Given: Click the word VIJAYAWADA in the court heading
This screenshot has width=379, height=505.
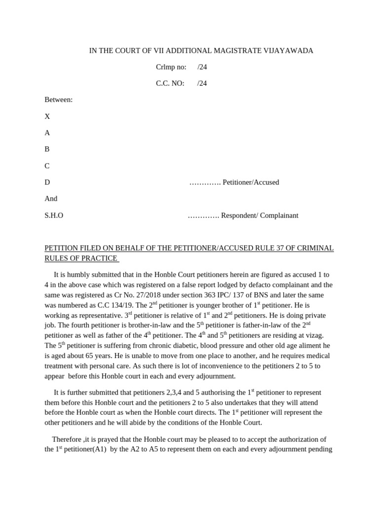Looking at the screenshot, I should tap(288, 51).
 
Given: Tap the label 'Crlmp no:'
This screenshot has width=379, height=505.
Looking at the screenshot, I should tap(171, 67).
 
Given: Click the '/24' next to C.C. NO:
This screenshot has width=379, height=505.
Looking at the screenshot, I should tap(202, 83).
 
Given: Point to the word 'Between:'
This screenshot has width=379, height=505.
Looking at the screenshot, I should tap(58, 100).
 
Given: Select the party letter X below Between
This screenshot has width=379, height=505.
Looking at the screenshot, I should tap(47, 116).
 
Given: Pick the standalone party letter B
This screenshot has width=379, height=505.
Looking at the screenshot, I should tap(47, 149).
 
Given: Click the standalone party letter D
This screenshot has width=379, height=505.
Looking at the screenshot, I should tap(47, 182).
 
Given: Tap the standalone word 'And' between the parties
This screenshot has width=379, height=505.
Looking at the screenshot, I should tap(51, 198).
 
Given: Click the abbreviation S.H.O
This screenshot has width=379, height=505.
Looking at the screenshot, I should tap(54, 215).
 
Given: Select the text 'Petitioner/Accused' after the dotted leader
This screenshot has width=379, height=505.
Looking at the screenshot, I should tap(251, 182).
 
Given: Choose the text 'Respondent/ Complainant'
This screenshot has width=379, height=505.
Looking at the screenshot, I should tap(260, 215).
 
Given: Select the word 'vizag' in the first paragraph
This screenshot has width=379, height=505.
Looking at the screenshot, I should tap(314, 335).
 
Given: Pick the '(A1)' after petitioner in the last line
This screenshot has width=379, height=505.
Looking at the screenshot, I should tap(99, 449).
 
